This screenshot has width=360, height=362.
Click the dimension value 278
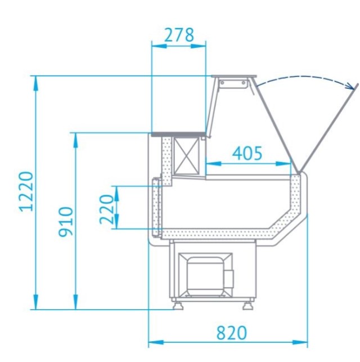point(179,35)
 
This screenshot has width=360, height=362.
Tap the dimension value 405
point(247,153)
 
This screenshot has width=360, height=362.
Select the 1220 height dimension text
point(26,191)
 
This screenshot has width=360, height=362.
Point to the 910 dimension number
point(65,222)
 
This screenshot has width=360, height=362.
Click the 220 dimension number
point(106,209)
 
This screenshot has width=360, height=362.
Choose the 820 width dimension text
point(232,333)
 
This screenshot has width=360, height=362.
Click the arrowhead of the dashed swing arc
point(350,86)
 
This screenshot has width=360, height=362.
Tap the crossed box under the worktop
point(186,156)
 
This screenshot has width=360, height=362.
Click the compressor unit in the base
point(205,275)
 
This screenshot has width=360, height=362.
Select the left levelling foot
point(178,304)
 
